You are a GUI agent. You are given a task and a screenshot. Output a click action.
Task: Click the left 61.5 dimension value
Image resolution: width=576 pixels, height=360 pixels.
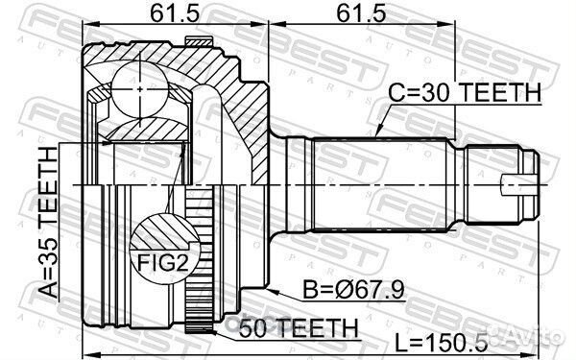tap(175, 13)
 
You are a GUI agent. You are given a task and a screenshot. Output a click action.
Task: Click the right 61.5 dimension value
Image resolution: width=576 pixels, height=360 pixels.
tap(362, 13)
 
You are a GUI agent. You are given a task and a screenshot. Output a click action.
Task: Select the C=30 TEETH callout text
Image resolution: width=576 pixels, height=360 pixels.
tap(465, 92)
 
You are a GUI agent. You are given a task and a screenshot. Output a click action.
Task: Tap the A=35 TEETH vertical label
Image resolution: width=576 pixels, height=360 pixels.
tap(49, 223)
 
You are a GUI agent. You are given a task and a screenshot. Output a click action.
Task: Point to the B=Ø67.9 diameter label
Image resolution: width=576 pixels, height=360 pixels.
tap(353, 290)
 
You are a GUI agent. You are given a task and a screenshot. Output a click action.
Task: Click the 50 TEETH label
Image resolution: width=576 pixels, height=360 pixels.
tap(298, 327)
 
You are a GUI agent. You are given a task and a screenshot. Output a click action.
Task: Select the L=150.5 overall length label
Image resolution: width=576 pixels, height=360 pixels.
tap(442, 344)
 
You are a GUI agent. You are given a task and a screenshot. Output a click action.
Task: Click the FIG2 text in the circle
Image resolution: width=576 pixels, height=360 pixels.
tap(163, 262)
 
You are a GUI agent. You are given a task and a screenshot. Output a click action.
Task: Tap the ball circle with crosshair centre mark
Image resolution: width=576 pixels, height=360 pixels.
tap(140, 89)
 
